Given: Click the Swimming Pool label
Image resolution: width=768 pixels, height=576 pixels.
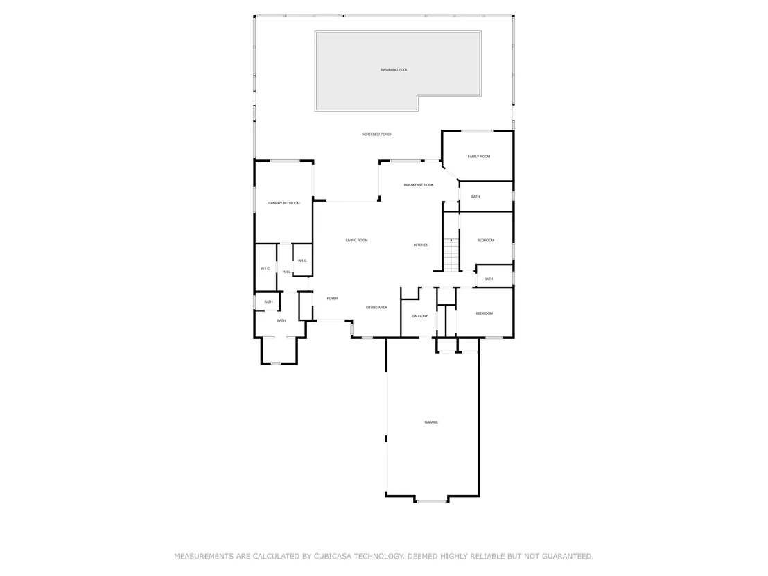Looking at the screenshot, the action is (394, 70).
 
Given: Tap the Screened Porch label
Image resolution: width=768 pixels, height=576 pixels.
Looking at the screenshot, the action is (377, 134).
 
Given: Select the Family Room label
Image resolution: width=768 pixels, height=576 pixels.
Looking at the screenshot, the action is (478, 157).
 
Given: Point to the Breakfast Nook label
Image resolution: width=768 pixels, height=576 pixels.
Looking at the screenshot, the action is (418, 185).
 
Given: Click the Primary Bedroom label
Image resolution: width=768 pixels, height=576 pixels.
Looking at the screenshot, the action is (283, 203).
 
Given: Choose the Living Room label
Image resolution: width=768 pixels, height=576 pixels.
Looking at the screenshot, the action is (356, 241).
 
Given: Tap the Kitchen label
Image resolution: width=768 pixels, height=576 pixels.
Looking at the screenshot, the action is (421, 245).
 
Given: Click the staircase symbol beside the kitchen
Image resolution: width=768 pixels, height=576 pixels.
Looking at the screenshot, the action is (451, 254).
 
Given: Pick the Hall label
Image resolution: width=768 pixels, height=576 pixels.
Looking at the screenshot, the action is (286, 272).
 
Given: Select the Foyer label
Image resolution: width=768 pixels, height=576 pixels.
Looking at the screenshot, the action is (332, 299).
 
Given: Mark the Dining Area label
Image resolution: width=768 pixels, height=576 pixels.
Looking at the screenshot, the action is (376, 308).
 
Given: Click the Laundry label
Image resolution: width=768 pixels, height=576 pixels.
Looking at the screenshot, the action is (420, 316).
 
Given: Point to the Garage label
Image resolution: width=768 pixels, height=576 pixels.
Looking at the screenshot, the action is (431, 422).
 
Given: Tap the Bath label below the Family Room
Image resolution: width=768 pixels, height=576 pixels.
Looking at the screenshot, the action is (475, 197).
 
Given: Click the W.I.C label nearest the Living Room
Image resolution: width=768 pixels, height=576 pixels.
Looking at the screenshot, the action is (302, 261).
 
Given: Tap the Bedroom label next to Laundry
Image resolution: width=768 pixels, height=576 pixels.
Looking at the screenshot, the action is (484, 313).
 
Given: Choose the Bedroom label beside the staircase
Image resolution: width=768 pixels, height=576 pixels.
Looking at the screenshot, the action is (485, 241).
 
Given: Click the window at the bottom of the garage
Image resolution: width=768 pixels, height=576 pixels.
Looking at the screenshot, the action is (432, 501).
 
